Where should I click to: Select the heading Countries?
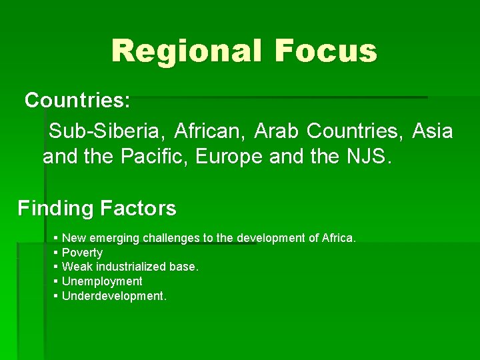(x=77, y=101)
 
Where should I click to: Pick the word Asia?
(x=433, y=131)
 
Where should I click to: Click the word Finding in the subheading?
(x=56, y=209)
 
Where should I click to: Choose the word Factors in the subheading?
(x=138, y=209)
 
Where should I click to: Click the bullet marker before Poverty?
(x=56, y=253)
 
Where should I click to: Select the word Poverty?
(x=82, y=253)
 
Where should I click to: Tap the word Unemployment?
(x=102, y=281)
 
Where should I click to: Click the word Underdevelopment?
(x=114, y=296)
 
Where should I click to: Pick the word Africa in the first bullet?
(x=339, y=238)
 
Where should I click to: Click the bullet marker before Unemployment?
(x=56, y=281)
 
